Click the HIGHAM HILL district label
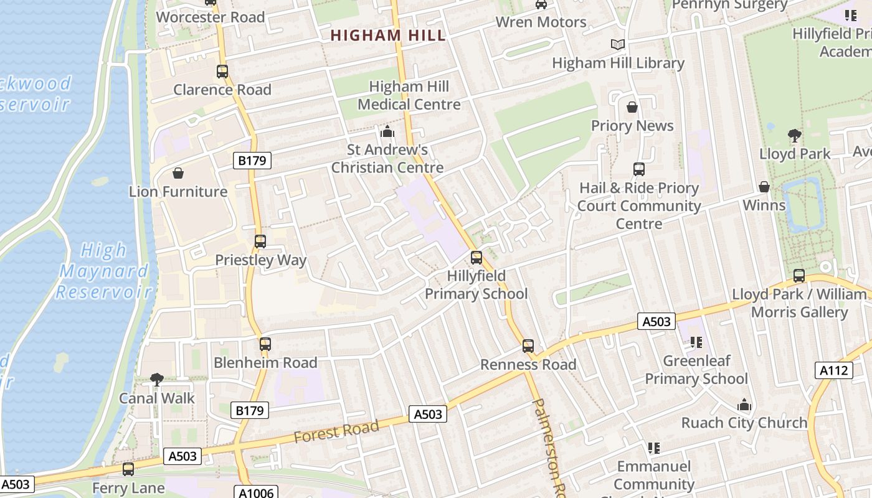388,35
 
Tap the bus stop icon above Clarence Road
222,72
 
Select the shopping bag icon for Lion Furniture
178,173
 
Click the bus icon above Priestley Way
260,242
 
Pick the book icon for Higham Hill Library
617,45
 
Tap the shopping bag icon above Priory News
632,108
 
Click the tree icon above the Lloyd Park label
794,135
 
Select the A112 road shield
833,370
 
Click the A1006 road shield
256,492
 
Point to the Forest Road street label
336,431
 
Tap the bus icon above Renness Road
528,346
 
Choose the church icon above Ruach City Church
744,405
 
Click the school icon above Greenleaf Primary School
696,342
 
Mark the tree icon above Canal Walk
157,380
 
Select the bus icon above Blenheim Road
265,344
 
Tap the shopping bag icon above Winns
764,187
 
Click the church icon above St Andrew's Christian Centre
387,132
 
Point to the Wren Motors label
541,22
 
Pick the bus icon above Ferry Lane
128,469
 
